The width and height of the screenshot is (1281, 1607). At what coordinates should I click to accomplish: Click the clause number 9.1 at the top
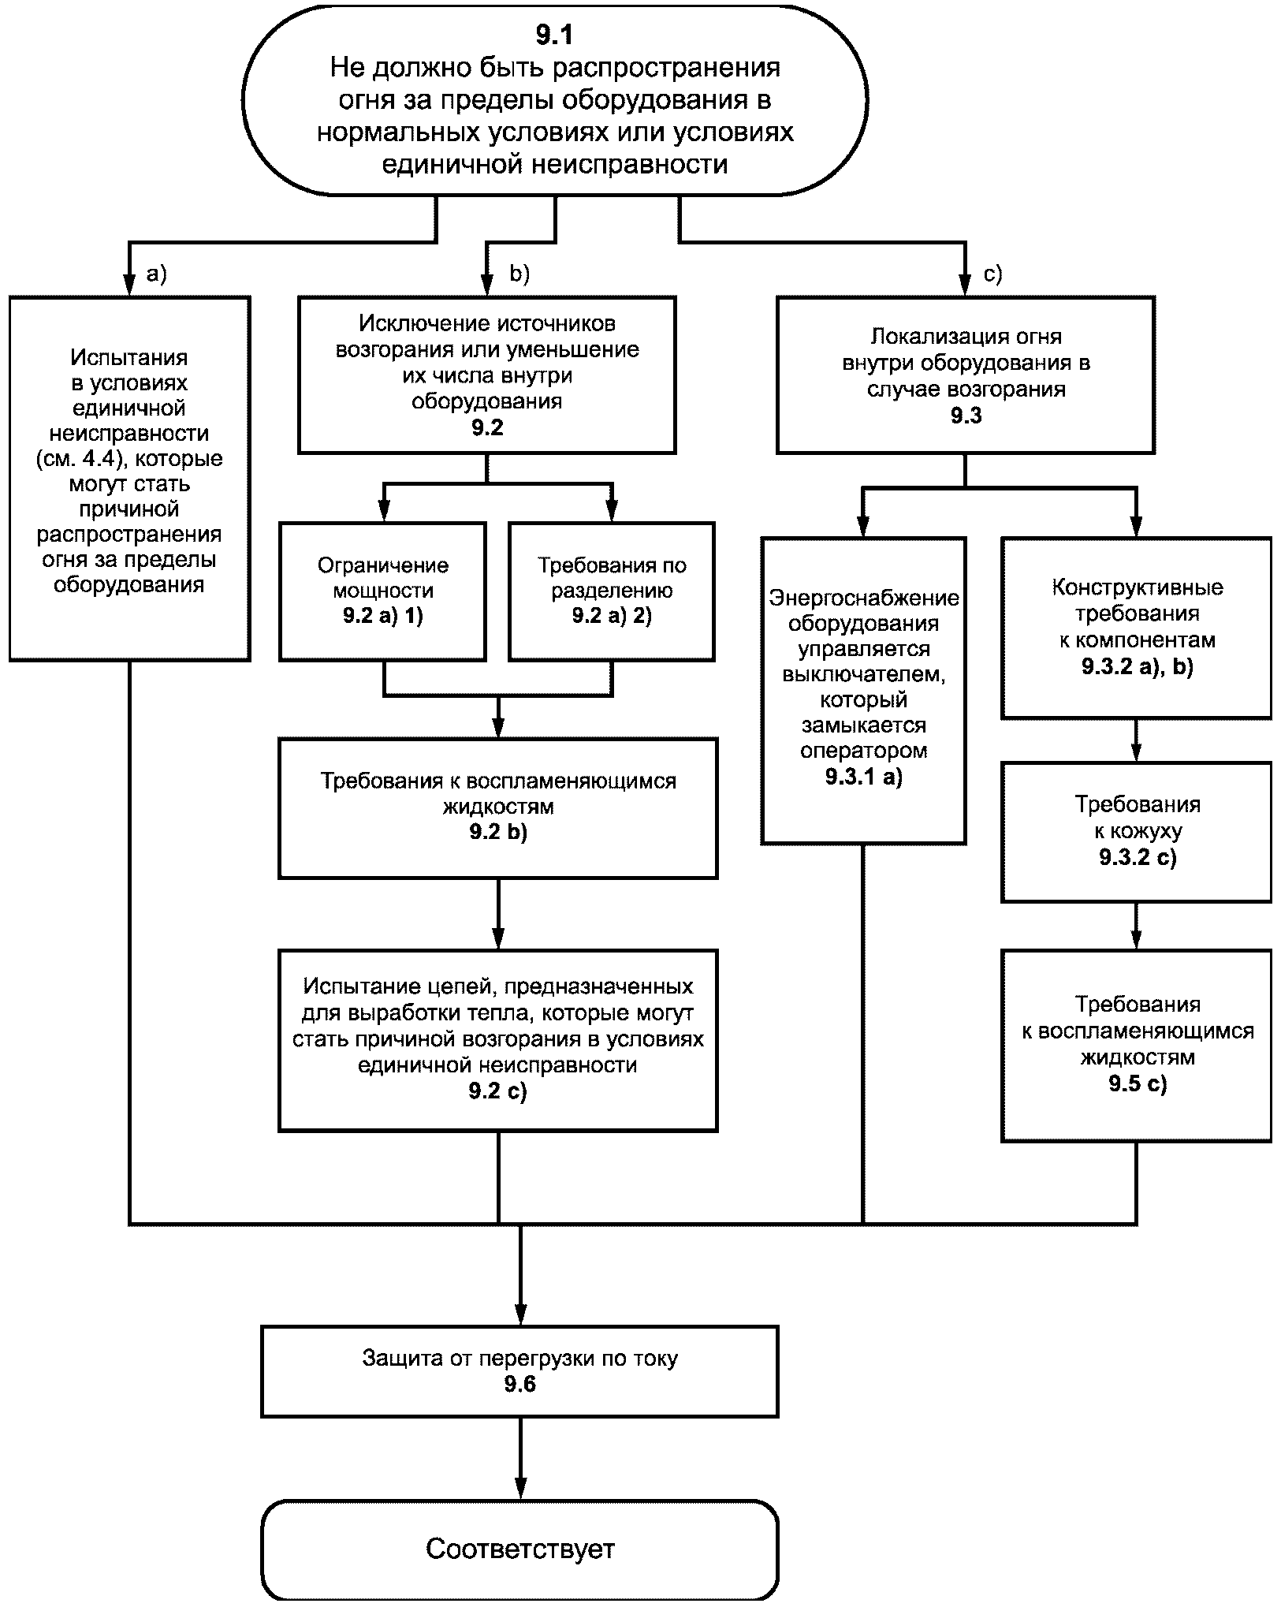point(554,35)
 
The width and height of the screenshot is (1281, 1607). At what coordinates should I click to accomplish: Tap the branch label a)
point(157,274)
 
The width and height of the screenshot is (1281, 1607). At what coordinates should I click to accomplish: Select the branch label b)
point(519,274)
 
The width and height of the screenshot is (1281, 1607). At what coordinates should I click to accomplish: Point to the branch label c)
point(992,274)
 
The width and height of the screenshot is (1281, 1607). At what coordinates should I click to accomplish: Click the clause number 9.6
point(520,1385)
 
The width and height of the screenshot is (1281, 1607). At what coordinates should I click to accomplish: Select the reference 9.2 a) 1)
point(383,617)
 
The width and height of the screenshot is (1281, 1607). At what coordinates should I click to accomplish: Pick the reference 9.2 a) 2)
point(612,617)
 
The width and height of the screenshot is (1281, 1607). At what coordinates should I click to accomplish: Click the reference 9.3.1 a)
point(863,777)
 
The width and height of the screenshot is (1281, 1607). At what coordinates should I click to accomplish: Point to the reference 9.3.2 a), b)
point(1137,667)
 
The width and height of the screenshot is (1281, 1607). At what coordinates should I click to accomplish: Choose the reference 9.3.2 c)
point(1137,857)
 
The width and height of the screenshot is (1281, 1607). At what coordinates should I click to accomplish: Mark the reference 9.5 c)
point(1137,1084)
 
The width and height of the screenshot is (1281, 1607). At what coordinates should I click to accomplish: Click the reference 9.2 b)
point(497,832)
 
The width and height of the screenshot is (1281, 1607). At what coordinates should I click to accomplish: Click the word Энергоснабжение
point(863,598)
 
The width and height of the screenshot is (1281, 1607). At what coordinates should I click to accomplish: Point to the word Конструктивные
point(1137,587)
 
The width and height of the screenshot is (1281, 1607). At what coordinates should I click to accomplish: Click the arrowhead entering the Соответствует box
point(520,1488)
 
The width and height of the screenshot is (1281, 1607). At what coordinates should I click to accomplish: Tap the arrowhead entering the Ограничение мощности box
point(384,511)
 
